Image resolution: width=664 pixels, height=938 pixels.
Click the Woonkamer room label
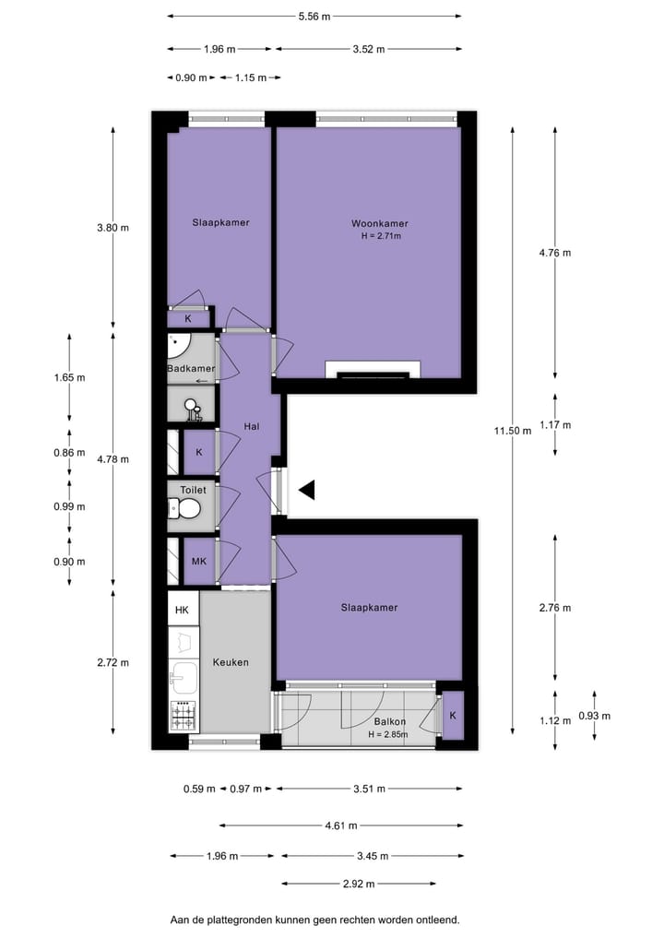pos(379,223)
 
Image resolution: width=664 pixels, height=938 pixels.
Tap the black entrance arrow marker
pos(307,491)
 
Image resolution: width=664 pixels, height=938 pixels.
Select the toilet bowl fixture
pos(188,508)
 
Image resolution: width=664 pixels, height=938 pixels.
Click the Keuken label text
pos(230,662)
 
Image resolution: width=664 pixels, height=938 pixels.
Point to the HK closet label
pos(182,610)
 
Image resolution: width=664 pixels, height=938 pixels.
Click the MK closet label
pos(198,561)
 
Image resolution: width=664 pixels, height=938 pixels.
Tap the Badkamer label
pos(191,369)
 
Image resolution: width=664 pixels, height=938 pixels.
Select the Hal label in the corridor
pos(251,426)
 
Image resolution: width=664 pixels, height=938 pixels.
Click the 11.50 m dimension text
pos(512,430)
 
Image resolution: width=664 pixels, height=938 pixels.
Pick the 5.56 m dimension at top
pos(314,17)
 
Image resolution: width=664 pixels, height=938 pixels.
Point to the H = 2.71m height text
pos(380,236)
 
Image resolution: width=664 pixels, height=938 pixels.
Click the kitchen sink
pos(184,676)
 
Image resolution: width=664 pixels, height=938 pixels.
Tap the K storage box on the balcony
pos(453,716)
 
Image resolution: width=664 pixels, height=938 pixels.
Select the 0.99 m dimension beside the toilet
pos(69,506)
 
